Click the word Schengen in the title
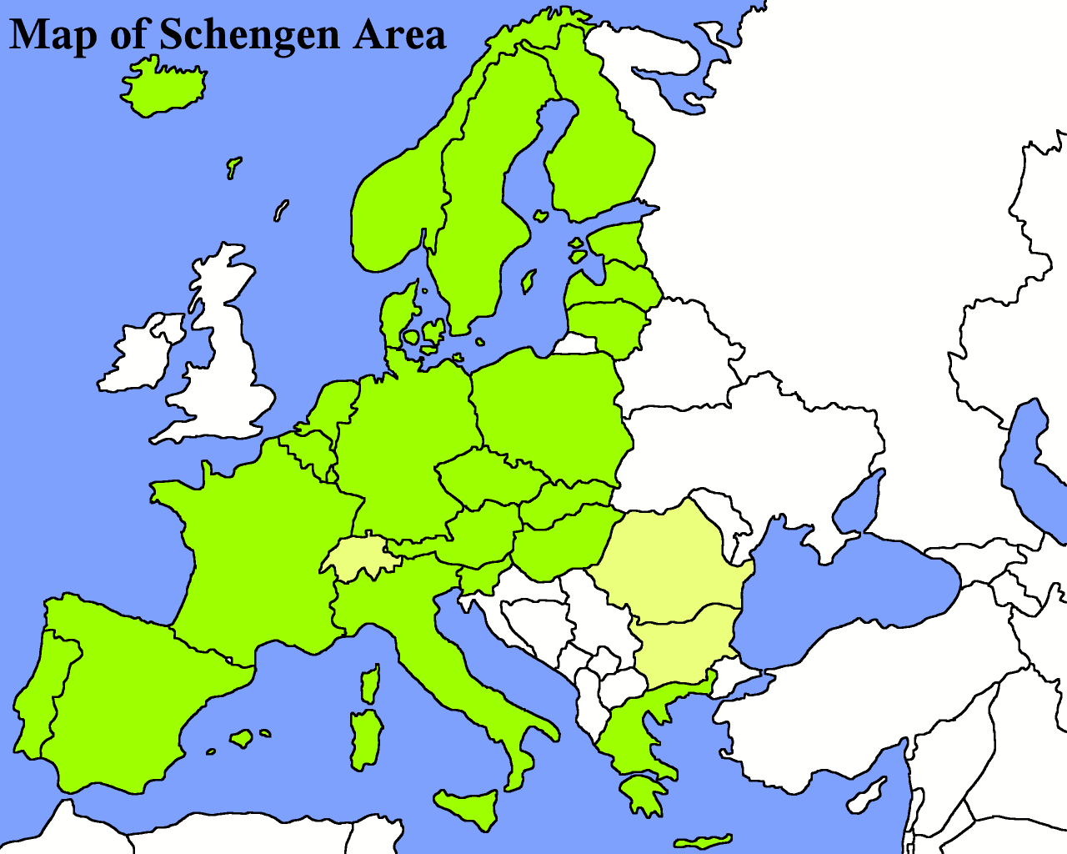pyautogui.click(x=248, y=35)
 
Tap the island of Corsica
pyautogui.click(x=370, y=684)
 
